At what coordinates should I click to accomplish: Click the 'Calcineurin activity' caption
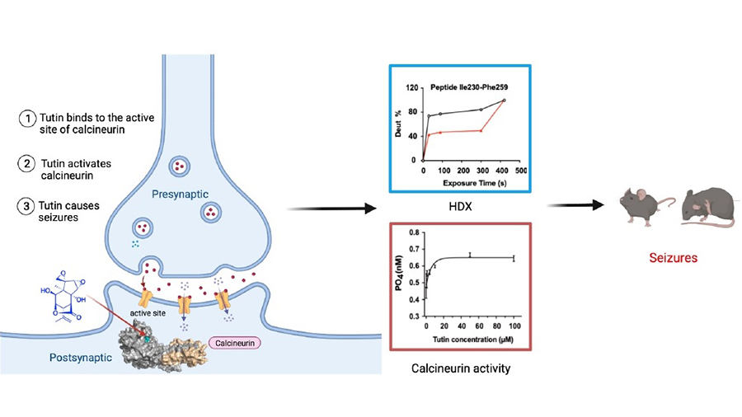point(461,368)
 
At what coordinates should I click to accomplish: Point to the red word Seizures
point(673,258)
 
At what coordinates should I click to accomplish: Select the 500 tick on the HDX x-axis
point(521,169)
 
